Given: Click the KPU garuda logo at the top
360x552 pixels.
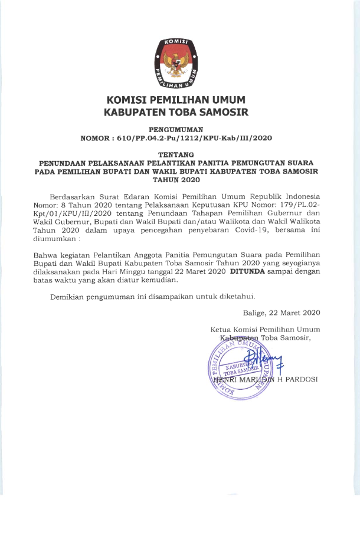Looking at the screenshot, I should point(176,60).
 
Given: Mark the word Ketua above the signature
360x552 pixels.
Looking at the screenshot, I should point(221,329).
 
